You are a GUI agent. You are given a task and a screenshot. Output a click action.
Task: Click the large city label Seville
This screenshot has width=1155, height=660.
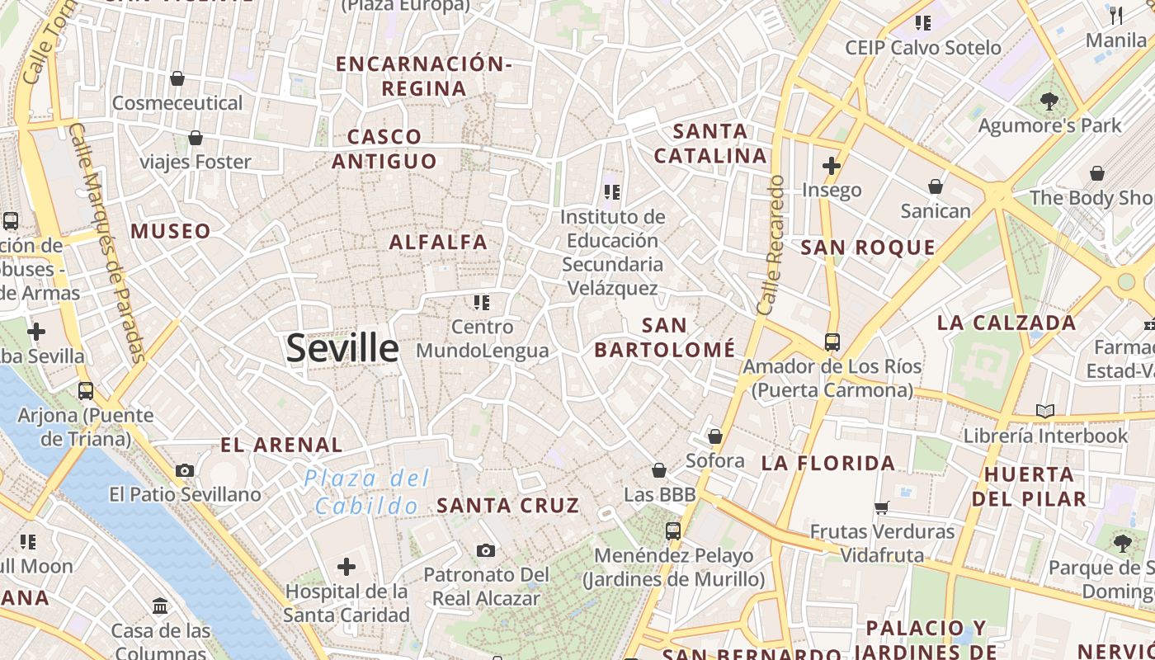(342, 349)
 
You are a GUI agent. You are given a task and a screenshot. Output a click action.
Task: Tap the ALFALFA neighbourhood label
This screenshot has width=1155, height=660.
(438, 243)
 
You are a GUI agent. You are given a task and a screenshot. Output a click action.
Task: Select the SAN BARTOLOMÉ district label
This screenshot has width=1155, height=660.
(664, 337)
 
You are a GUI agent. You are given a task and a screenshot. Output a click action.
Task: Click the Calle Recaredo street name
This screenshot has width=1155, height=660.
(769, 245)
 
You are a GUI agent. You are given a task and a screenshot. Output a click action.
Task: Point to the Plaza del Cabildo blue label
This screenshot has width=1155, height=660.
(366, 492)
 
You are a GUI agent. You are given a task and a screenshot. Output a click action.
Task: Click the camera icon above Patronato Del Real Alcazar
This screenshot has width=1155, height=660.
(486, 550)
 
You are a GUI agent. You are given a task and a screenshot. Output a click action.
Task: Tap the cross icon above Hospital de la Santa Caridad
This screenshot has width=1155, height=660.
(346, 567)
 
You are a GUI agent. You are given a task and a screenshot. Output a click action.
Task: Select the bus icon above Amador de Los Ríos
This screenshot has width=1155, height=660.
(832, 342)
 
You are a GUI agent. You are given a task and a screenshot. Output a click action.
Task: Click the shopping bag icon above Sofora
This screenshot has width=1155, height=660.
(715, 436)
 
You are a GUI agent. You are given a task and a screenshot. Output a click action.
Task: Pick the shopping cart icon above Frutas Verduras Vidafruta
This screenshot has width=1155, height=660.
(882, 507)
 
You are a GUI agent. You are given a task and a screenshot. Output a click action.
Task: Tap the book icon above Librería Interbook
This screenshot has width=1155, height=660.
(1044, 411)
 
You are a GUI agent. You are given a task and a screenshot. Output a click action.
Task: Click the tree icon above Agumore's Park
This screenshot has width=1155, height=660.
(1049, 101)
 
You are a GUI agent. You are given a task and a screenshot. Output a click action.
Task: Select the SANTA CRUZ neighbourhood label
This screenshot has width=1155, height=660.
(508, 506)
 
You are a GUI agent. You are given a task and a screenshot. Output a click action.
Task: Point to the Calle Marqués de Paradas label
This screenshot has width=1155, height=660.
(106, 243)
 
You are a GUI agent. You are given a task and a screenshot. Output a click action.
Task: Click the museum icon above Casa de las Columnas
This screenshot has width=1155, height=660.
(161, 606)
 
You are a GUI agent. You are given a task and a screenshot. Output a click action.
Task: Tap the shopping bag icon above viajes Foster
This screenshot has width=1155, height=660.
(196, 138)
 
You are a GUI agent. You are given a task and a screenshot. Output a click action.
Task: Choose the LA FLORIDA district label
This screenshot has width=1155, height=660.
(828, 464)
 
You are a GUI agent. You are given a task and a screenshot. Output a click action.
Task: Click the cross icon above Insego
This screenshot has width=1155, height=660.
(832, 166)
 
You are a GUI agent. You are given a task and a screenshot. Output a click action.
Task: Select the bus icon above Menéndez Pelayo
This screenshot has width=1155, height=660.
(673, 531)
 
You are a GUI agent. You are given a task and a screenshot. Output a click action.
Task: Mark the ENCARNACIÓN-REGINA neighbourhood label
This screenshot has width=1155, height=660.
(424, 76)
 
